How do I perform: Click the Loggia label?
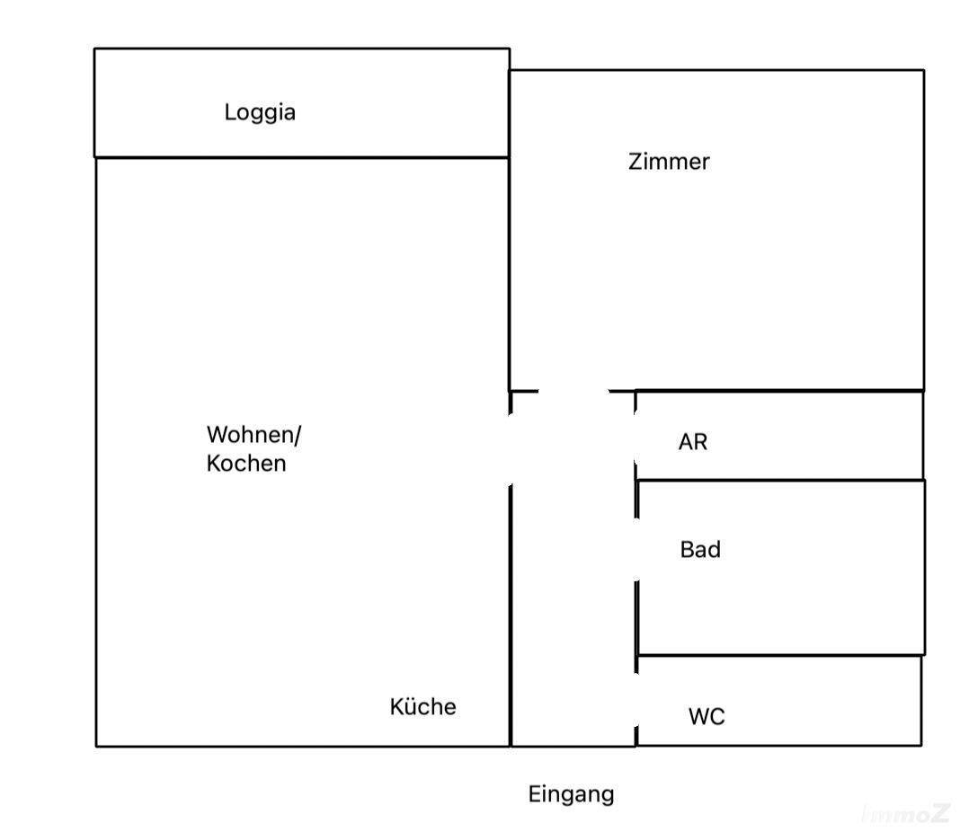click(260, 113)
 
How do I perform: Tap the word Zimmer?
click(669, 163)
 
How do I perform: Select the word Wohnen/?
click(254, 436)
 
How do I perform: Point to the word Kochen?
click(246, 464)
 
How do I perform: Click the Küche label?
click(422, 707)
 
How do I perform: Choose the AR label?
click(693, 442)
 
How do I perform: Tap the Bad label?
click(700, 549)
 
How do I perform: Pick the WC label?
click(707, 717)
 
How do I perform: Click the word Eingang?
click(571, 794)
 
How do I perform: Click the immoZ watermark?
click(905, 814)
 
